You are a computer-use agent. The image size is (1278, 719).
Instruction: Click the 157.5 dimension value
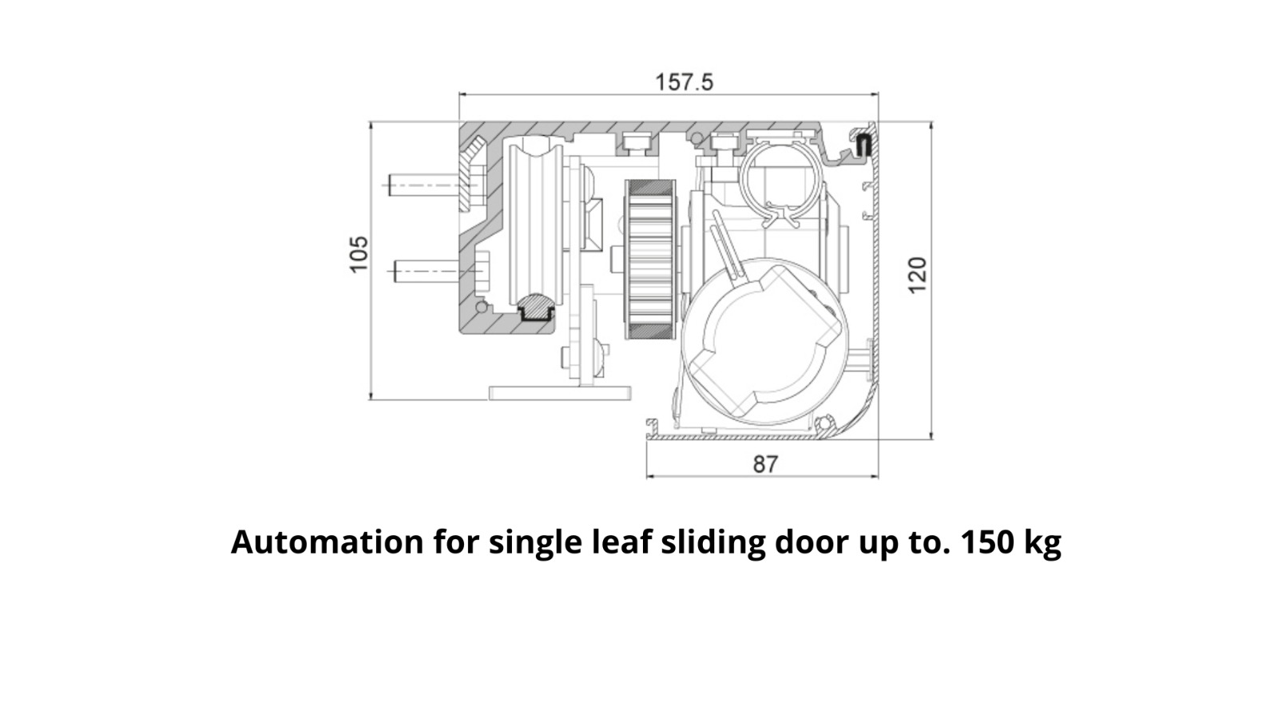pyautogui.click(x=684, y=83)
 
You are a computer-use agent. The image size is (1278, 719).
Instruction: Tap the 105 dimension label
pyautogui.click(x=359, y=255)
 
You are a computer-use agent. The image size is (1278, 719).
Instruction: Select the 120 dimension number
pyautogui.click(x=918, y=276)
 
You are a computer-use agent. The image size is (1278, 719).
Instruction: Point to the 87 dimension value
pyautogui.click(x=765, y=464)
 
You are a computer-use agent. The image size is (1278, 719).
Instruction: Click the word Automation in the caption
pyautogui.click(x=327, y=542)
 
